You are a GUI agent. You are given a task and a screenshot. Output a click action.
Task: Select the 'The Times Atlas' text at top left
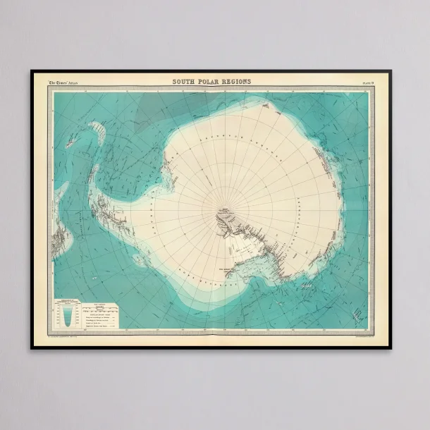[64, 82]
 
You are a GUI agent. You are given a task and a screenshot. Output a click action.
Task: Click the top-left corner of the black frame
[32, 71]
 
